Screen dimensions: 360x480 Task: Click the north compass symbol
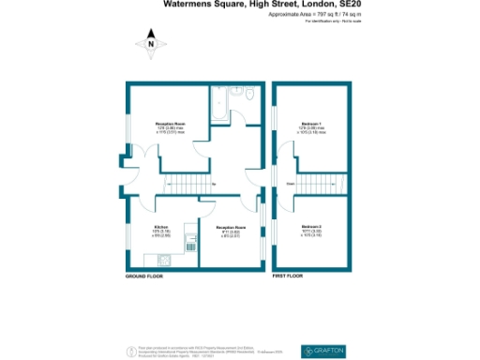click(150, 42)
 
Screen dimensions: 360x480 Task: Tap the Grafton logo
click(325, 351)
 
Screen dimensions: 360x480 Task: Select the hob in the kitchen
click(190, 232)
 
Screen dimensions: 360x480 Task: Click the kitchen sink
click(190, 249)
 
